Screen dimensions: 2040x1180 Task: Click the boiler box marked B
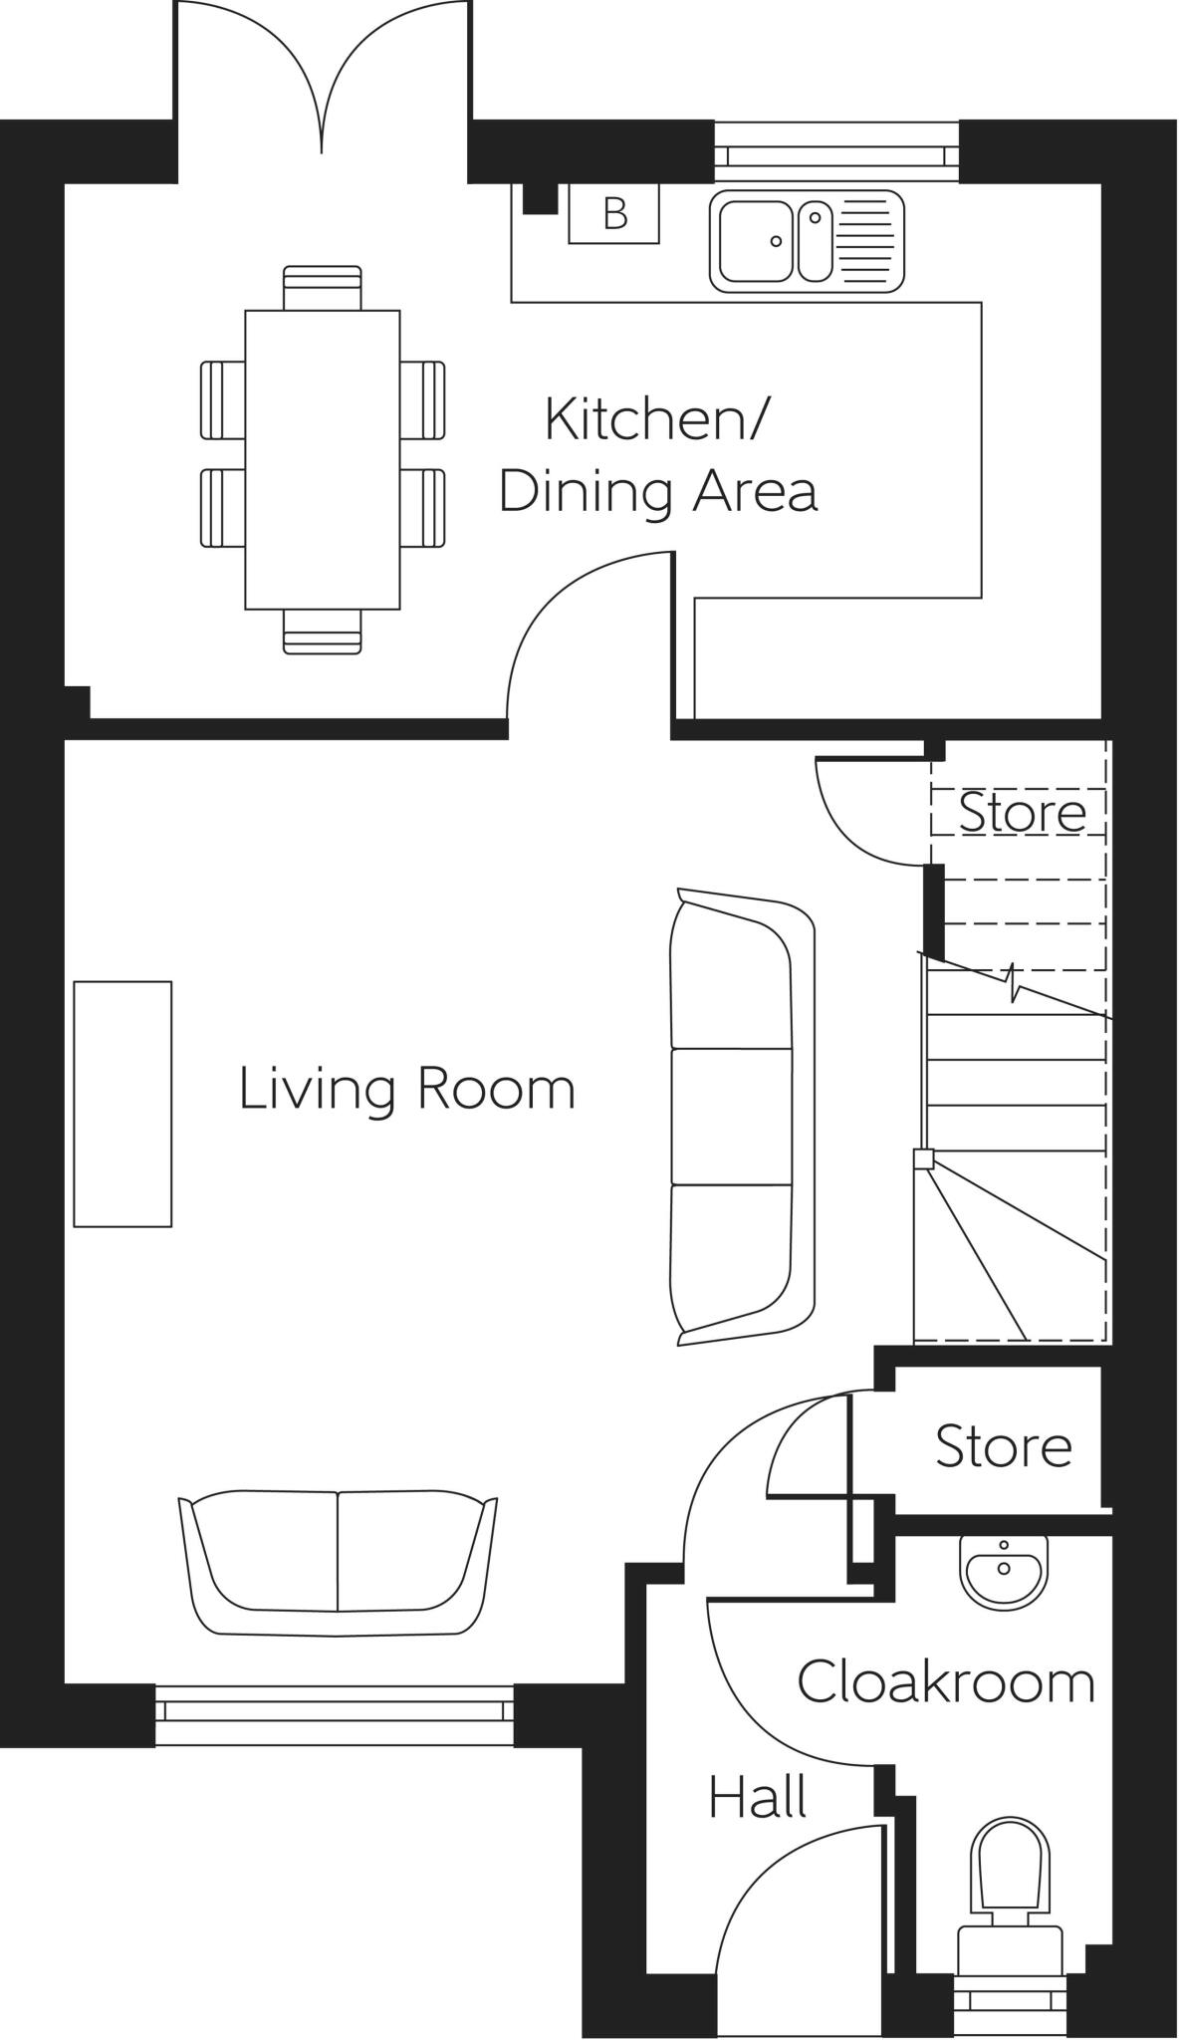coord(614,212)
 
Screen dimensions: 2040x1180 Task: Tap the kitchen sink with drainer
coord(807,241)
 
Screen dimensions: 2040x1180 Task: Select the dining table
coord(323,459)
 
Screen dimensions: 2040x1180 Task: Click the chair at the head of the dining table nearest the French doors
coord(323,287)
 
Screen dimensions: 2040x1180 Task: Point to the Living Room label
coord(407,1089)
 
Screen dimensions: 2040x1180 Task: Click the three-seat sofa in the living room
coord(741,1117)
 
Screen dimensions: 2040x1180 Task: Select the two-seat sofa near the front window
coord(338,1563)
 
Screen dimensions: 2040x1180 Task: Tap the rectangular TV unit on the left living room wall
coord(122,1104)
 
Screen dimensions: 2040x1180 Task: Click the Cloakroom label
coord(945,1682)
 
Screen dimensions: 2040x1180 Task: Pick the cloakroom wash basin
coord(1003,1571)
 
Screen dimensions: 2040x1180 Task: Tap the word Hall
coord(757,1798)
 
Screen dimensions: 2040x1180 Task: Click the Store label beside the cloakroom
coord(1003,1446)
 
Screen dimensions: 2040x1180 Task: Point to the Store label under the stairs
coord(1022,813)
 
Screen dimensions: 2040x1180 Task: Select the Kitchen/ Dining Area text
coord(657,455)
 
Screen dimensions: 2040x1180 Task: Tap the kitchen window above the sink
coord(836,154)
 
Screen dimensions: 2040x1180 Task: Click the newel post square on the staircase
coord(923,1158)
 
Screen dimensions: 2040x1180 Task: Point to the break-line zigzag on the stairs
coord(1014,983)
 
